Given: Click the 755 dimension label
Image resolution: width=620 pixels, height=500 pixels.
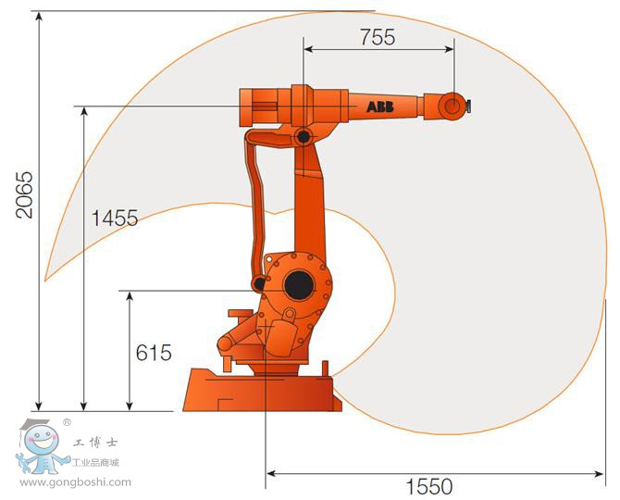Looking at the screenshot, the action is [378, 37].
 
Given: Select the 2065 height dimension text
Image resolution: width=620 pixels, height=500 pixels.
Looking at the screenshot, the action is [24, 194].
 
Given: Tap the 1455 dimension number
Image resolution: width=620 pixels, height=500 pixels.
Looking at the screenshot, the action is [115, 218].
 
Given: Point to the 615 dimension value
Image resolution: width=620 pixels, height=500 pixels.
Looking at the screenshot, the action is [154, 353].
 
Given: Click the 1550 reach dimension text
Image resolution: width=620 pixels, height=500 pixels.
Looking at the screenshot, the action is [429, 486].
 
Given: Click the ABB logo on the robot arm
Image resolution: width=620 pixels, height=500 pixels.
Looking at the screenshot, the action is [380, 106].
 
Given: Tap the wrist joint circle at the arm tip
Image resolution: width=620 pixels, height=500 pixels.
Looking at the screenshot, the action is [453, 106].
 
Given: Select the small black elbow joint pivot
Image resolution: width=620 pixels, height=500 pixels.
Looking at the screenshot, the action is [304, 137].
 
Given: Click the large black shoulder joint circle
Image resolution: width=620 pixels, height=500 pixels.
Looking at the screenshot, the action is [299, 285].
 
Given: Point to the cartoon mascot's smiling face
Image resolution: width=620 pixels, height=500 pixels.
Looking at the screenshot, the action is [42, 440].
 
